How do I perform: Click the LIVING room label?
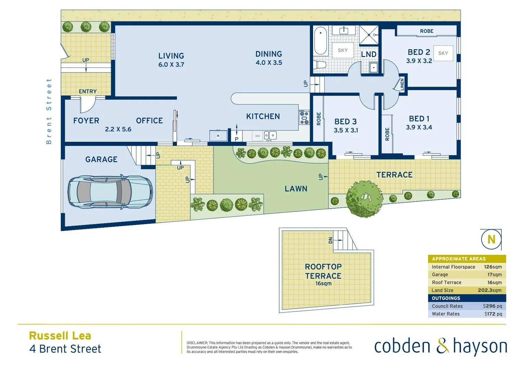[171, 56]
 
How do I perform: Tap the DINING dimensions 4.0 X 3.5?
[269, 63]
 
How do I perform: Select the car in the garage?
[110, 192]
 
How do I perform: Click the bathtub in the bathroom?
[321, 40]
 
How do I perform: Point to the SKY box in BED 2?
[443, 53]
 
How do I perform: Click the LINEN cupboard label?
[402, 84]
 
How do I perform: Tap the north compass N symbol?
[491, 239]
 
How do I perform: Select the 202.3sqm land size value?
[490, 290]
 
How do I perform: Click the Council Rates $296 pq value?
[492, 306]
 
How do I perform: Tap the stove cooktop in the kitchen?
[304, 118]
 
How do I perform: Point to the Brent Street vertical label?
[49, 111]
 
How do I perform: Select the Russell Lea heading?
[60, 336]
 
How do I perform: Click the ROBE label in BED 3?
[319, 119]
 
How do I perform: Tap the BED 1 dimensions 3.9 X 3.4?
[419, 127]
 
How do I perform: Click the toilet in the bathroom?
[320, 65]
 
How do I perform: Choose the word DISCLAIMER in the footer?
[197, 343]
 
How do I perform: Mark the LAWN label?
[296, 189]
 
